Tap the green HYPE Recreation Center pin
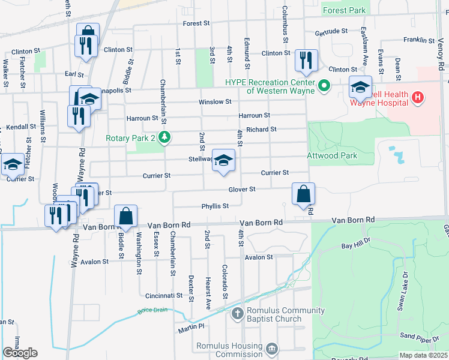pyautogui.click(x=325, y=86)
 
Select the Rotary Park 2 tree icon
pyautogui.click(x=163, y=137)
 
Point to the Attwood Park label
pyautogui.click(x=332, y=155)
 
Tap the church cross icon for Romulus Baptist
pyautogui.click(x=238, y=313)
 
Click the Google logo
pyautogui.click(x=20, y=353)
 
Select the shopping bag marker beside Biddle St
pyautogui.click(x=126, y=216)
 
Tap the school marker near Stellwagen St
pyautogui.click(x=224, y=160)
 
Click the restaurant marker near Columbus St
pyautogui.click(x=307, y=60)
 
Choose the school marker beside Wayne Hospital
pyautogui.click(x=360, y=87)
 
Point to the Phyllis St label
pyautogui.click(x=215, y=206)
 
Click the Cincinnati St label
pyautogui.click(x=163, y=296)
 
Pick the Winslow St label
pyautogui.click(x=215, y=102)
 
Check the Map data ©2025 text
pyautogui.click(x=423, y=355)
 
